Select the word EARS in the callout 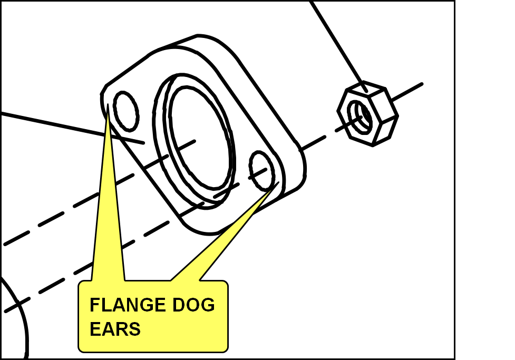[115, 329]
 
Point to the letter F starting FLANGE [94, 305]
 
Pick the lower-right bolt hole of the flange [262, 170]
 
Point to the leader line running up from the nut [337, 42]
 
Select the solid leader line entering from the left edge [53, 123]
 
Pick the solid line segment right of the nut [409, 91]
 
